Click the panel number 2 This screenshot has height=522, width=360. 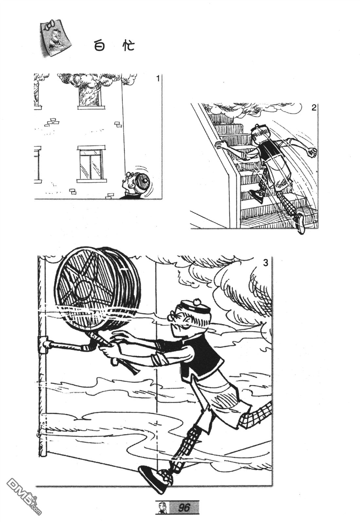click(x=314, y=108)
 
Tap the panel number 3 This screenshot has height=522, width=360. click(x=265, y=263)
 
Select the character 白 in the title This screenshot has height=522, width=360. click(x=99, y=45)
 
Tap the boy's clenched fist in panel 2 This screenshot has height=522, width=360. click(x=312, y=152)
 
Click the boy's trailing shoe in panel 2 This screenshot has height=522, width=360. click(x=300, y=223)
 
